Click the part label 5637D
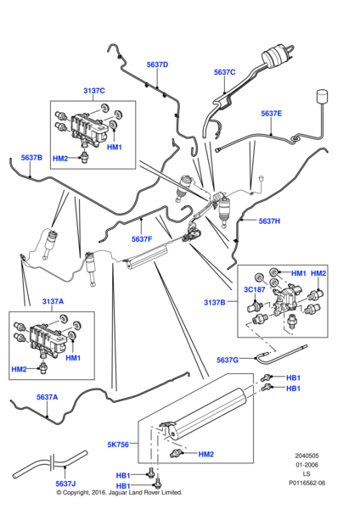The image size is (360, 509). pyautogui.click(x=157, y=64)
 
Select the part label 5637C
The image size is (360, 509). pyautogui.click(x=224, y=72)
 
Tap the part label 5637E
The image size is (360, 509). pyautogui.click(x=272, y=113)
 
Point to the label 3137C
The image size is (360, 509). pyautogui.click(x=94, y=91)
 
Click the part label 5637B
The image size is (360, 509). pyautogui.click(x=31, y=157)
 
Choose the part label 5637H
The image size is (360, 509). pyautogui.click(x=269, y=221)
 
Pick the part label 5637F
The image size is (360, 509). pyautogui.click(x=142, y=239)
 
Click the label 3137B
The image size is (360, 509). pyautogui.click(x=215, y=301)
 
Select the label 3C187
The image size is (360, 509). pyautogui.click(x=254, y=288)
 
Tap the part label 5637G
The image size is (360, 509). pyautogui.click(x=228, y=360)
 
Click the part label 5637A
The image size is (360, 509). pyautogui.click(x=47, y=396)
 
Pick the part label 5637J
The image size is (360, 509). pyautogui.click(x=67, y=484)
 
